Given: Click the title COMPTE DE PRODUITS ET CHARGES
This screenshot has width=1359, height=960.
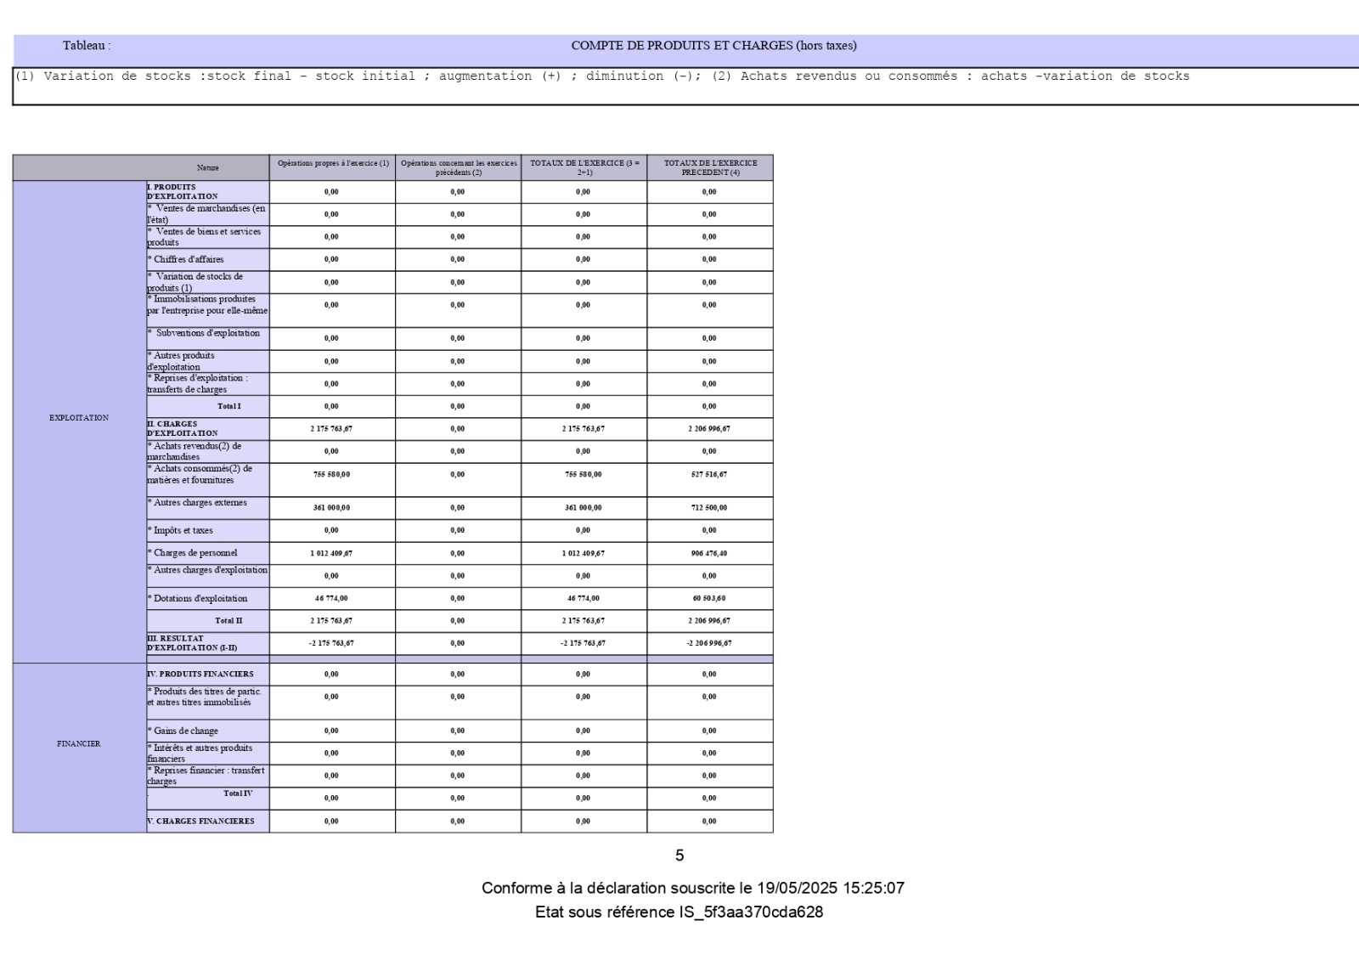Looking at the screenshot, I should click(x=713, y=46).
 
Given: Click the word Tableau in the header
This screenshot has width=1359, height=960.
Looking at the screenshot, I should click(x=85, y=46).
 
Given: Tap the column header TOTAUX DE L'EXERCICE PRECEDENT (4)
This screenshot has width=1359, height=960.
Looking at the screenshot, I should click(x=710, y=167).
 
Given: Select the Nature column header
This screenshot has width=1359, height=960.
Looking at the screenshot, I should click(x=208, y=168).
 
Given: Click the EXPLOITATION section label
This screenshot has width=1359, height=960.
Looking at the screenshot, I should click(x=79, y=418).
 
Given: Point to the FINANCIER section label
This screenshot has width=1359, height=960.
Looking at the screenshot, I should click(x=79, y=744).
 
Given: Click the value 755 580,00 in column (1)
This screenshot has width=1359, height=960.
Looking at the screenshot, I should click(x=331, y=474).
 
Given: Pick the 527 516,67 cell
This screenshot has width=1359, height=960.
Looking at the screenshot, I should click(x=709, y=474).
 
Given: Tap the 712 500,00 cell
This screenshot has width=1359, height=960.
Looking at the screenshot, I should click(x=709, y=508).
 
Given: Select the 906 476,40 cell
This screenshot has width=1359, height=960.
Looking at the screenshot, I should click(x=709, y=553).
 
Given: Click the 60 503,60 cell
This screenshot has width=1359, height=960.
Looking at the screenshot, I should click(x=709, y=598).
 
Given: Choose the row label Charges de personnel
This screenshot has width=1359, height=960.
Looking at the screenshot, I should click(x=195, y=553).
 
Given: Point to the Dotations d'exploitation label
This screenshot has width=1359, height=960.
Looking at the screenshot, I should click(x=200, y=599).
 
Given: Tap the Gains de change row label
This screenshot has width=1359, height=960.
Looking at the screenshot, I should click(x=186, y=731).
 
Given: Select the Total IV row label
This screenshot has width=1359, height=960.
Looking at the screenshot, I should click(x=238, y=793).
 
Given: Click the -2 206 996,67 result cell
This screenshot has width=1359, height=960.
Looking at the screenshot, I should click(x=709, y=643).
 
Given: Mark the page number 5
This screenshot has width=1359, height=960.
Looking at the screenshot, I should click(x=679, y=856).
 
